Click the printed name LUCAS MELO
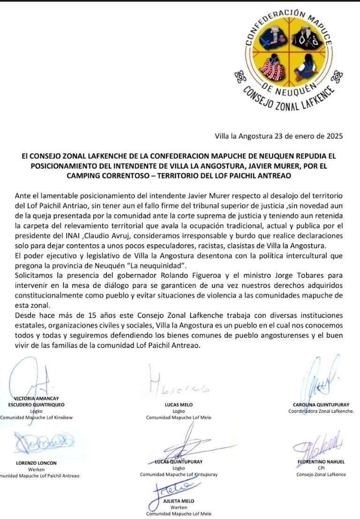pos(179,405)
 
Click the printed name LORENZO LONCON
pos(36,463)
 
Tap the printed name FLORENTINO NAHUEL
pos(321,461)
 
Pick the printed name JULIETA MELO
pos(179,501)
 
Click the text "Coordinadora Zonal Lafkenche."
pos(321,411)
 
